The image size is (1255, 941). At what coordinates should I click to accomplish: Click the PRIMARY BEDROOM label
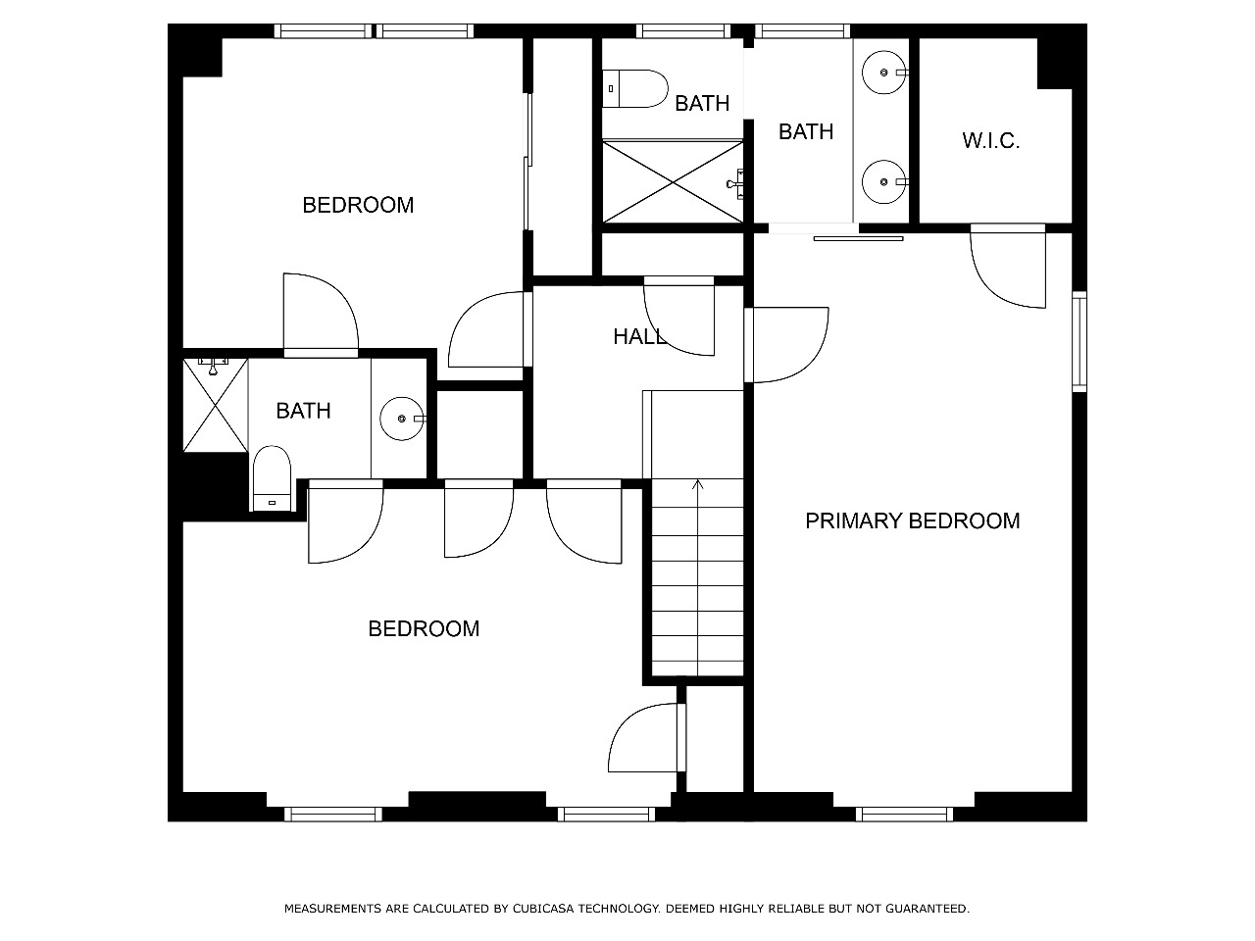click(x=912, y=521)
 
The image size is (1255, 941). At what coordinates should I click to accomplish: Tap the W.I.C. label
click(x=990, y=140)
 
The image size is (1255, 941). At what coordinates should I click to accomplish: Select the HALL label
click(x=640, y=337)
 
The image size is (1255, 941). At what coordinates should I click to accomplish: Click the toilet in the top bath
click(x=634, y=88)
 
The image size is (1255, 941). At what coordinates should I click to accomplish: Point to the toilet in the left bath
click(x=273, y=478)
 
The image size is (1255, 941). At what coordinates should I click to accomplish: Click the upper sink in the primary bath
click(x=884, y=73)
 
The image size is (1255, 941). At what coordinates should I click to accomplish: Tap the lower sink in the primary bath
click(x=884, y=181)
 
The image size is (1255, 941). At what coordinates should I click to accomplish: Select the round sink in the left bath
click(x=403, y=419)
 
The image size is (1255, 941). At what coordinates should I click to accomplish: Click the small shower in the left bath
click(x=215, y=405)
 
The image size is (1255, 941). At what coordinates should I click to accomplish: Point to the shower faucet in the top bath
click(x=736, y=184)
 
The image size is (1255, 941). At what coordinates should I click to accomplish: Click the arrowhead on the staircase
click(x=697, y=485)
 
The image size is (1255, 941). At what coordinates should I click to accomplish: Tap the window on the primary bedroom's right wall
click(x=1079, y=342)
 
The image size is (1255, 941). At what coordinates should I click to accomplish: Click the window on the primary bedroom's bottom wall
click(x=905, y=815)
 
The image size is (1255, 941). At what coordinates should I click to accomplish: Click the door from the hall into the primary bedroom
click(x=786, y=344)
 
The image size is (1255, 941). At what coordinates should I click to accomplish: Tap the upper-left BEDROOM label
click(x=358, y=205)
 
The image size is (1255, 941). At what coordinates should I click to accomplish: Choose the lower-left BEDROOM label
click(x=424, y=629)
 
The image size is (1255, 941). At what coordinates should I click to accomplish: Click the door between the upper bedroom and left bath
click(x=322, y=316)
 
